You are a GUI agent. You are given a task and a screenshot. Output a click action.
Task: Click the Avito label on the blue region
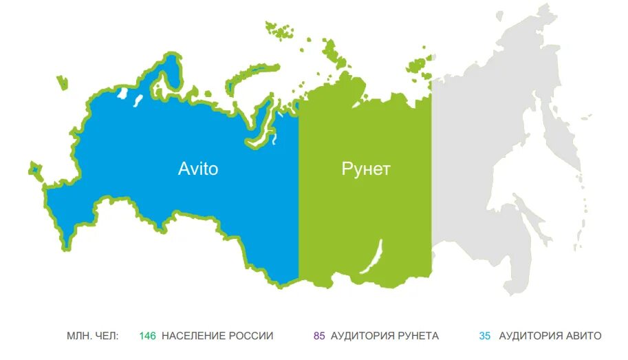click(x=198, y=169)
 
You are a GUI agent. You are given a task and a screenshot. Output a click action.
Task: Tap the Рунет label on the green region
click(x=365, y=169)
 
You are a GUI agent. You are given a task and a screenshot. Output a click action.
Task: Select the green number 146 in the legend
click(x=147, y=336)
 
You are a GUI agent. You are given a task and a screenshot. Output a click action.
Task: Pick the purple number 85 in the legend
click(x=319, y=336)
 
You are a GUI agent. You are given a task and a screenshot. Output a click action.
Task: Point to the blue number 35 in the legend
click(x=485, y=336)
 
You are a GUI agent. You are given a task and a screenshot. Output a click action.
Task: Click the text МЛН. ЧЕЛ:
click(x=93, y=336)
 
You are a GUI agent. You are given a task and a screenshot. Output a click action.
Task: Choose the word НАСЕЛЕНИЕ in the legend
click(x=194, y=336)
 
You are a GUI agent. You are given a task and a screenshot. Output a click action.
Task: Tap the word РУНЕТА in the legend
click(x=418, y=336)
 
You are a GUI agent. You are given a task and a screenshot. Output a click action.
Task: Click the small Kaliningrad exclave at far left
click(x=33, y=167)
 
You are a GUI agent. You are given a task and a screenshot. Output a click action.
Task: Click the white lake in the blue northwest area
click(x=123, y=94)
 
